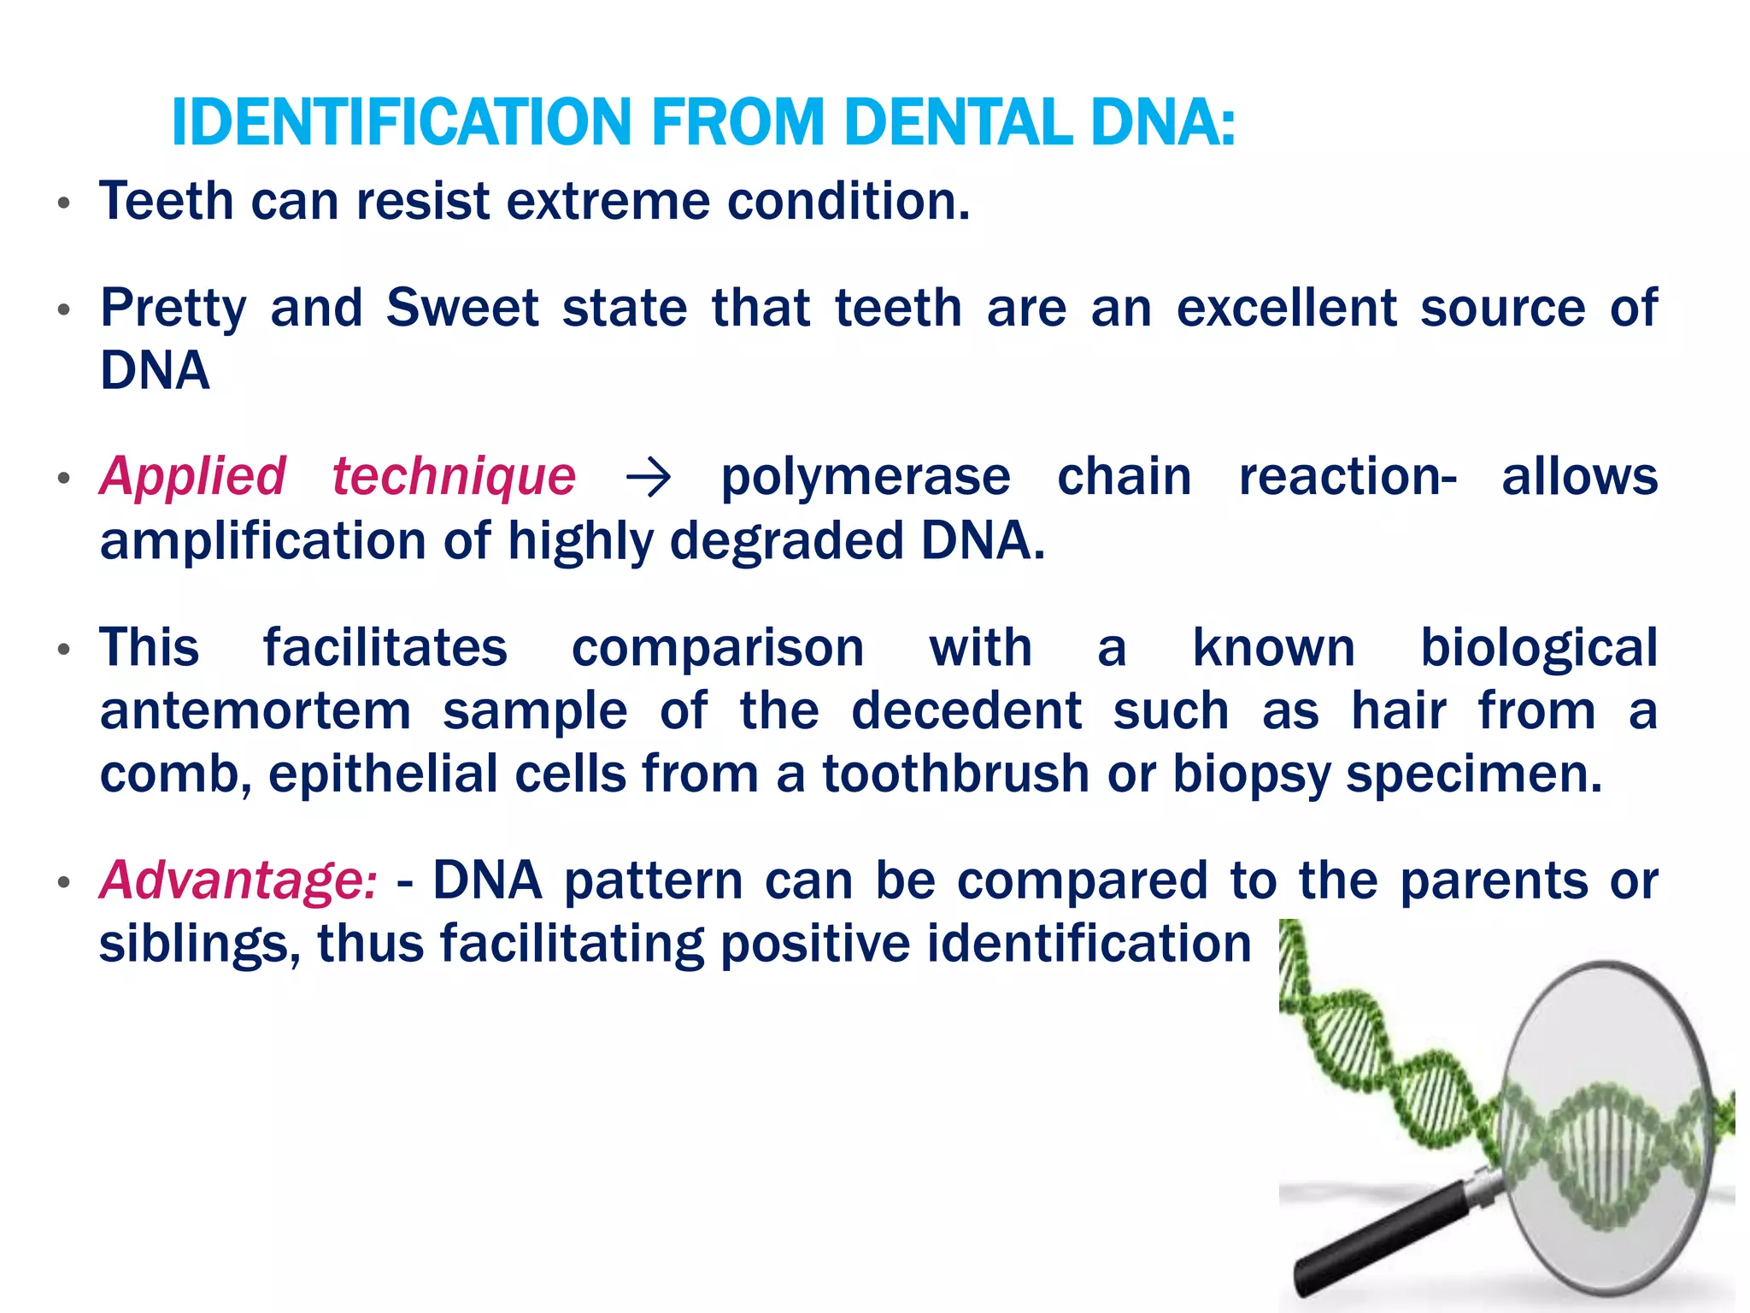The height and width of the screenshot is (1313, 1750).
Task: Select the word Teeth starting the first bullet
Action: tap(167, 202)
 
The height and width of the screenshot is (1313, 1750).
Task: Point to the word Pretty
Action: tap(173, 309)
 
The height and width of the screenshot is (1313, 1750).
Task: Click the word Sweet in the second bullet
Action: tap(462, 309)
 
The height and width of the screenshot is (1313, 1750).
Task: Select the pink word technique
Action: tap(454, 476)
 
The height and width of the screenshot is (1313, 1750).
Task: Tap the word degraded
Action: tap(786, 542)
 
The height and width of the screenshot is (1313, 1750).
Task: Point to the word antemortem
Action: tap(255, 711)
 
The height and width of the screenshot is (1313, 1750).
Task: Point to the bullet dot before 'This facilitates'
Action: tap(63, 651)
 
